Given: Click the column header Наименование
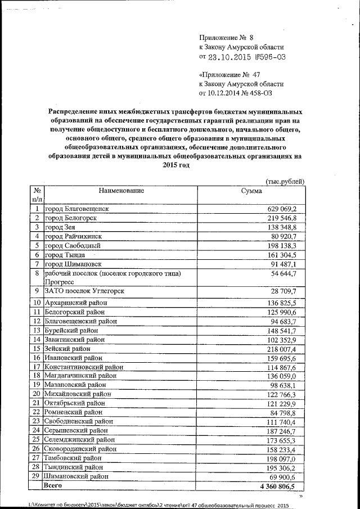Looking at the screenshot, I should tap(121, 191).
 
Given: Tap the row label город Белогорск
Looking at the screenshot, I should tap(70, 218).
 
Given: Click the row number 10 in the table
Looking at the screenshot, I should tap(36, 303).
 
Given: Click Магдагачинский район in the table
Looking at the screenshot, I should tap(81, 376).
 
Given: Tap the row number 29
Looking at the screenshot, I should tap(36, 476).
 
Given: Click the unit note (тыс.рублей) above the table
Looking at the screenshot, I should tap(285, 181).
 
